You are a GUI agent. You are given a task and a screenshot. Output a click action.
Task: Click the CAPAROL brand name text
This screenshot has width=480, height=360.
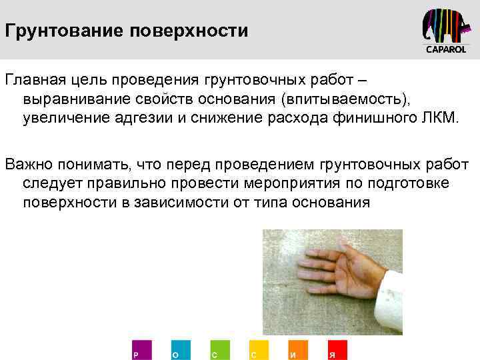[x=447, y=50]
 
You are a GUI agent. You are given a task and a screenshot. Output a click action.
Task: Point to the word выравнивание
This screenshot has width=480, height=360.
[x=74, y=99]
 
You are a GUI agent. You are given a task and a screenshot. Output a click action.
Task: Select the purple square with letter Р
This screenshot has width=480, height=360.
[x=142, y=349]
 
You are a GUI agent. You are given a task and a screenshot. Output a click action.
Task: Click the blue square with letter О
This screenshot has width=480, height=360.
[x=181, y=349]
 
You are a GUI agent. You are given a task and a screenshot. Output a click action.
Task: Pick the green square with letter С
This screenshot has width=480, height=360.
[x=220, y=349]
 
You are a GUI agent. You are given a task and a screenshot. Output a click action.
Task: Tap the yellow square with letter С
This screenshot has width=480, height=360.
[x=259, y=349]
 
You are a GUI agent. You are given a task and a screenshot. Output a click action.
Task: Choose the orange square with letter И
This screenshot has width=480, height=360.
[x=298, y=349]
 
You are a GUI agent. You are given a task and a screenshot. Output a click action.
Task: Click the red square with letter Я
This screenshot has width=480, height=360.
[x=337, y=349]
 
